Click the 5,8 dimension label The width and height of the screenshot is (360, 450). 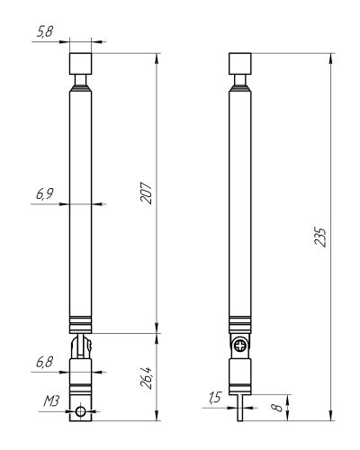pos(45,31)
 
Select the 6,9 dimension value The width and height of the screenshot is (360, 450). pos(45,193)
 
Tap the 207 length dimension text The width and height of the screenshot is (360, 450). pos(147,193)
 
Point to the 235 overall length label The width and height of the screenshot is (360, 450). pos(320,237)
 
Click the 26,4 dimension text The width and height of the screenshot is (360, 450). pos(147,378)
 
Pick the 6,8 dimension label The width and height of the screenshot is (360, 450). pos(44,362)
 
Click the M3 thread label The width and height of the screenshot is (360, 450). pos(51,401)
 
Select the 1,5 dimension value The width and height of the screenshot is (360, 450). pos(215,398)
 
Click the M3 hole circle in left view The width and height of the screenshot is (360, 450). pos(80,411)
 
